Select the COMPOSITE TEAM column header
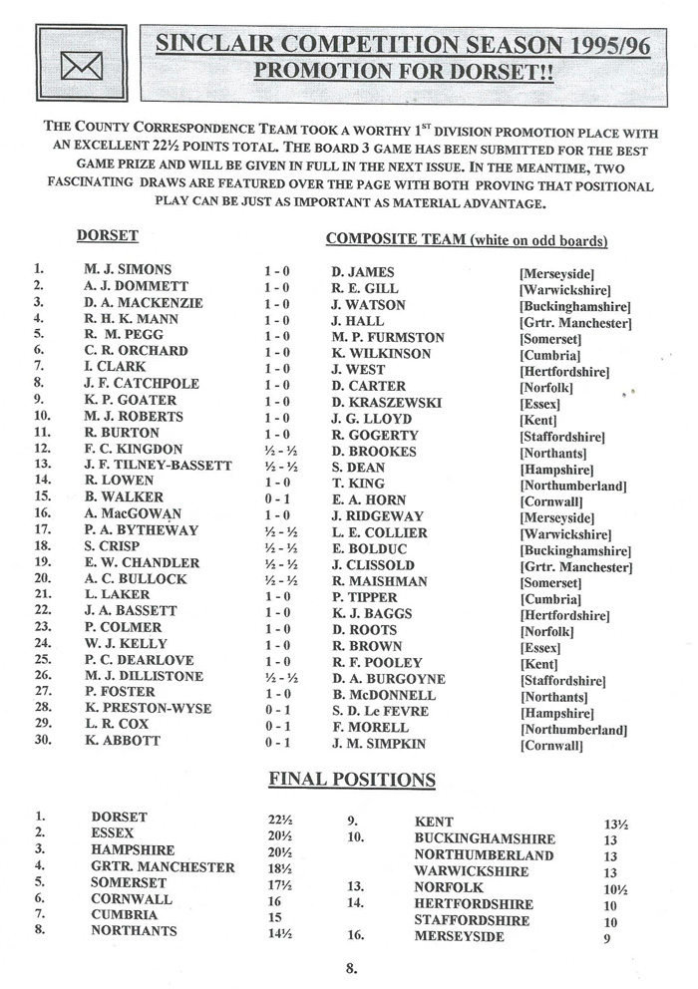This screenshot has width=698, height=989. (x=467, y=240)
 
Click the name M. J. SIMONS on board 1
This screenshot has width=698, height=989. (x=129, y=270)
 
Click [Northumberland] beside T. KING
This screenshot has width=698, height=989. (x=572, y=486)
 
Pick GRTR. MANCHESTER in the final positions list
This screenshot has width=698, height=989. (x=163, y=868)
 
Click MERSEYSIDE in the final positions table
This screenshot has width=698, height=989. (x=459, y=938)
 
